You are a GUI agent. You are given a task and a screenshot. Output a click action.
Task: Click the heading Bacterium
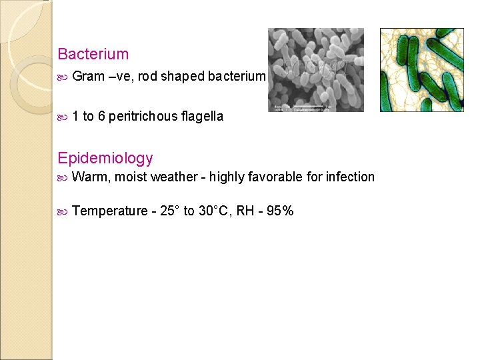point(93,54)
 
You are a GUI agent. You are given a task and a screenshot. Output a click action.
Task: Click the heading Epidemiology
point(105,158)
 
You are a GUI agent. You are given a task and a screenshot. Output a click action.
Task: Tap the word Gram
point(87,76)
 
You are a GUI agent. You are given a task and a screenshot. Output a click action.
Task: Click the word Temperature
point(109,211)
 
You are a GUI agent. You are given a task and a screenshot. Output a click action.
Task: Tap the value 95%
point(279,211)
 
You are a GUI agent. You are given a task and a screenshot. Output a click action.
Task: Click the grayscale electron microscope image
point(315,67)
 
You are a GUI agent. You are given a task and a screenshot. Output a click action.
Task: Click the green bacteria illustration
point(421,69)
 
